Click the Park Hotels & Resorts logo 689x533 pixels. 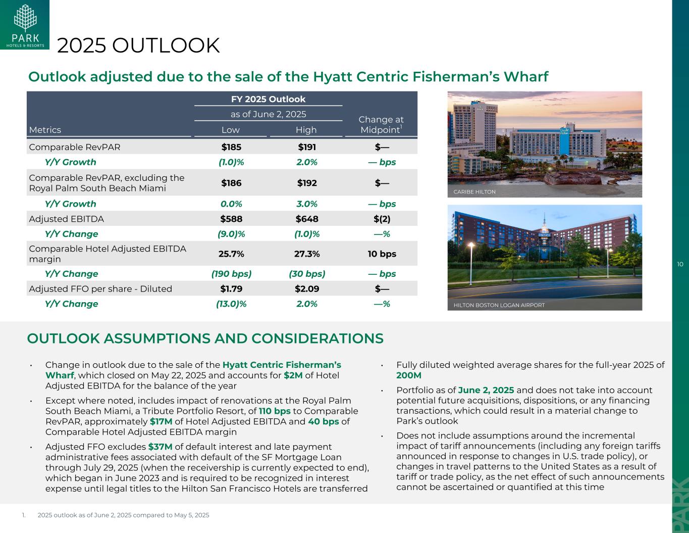pyautogui.click(x=25, y=25)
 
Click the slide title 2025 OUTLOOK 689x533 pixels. pyautogui.click(x=139, y=45)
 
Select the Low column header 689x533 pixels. pyautogui.click(x=231, y=130)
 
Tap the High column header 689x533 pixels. pyautogui.click(x=306, y=130)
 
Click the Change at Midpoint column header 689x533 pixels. pyautogui.click(x=381, y=124)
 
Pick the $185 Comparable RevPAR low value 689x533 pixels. pyautogui.click(x=231, y=148)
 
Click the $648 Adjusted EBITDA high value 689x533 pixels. pyautogui.click(x=306, y=219)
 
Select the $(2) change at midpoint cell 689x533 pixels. pyautogui.click(x=382, y=219)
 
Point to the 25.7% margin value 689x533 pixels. pyautogui.click(x=231, y=254)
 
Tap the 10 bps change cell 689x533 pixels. pyautogui.click(x=382, y=254)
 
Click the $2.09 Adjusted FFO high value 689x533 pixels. pyautogui.click(x=306, y=289)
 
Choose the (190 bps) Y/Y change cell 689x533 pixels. pyautogui.click(x=231, y=274)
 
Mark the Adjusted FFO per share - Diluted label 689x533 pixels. pyautogui.click(x=100, y=289)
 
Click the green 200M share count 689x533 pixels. pyautogui.click(x=409, y=375)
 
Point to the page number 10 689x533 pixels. pyautogui.click(x=680, y=264)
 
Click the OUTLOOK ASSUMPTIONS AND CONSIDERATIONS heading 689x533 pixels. pyautogui.click(x=205, y=338)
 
